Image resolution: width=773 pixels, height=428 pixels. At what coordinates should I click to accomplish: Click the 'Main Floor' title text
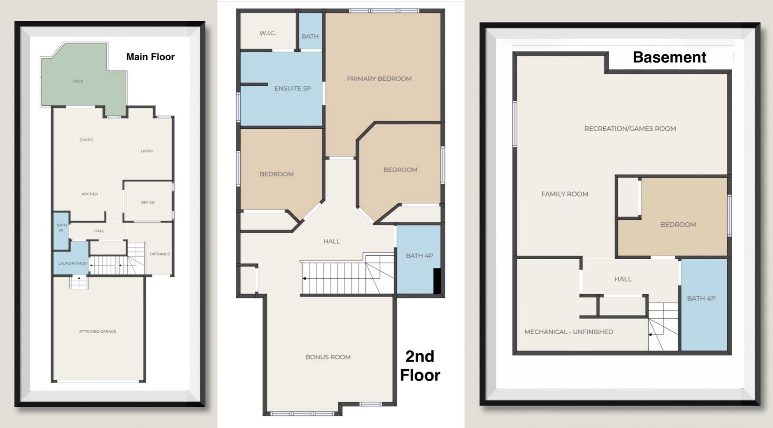(x=150, y=57)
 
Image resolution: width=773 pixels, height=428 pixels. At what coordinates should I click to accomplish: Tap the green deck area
(x=78, y=81)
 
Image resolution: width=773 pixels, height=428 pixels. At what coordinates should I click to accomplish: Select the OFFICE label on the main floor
(x=148, y=202)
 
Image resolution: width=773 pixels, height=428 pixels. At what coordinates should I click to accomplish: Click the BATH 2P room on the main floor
(x=61, y=228)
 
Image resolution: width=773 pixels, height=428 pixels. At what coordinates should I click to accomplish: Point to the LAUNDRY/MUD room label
(x=72, y=263)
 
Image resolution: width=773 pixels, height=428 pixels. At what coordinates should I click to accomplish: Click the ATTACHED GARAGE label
(x=97, y=331)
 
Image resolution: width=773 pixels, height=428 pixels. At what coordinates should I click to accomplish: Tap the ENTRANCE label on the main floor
(x=160, y=254)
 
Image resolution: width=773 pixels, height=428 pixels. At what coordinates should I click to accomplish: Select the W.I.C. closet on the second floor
(x=268, y=33)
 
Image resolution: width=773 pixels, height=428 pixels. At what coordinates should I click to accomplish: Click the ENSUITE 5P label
(x=292, y=88)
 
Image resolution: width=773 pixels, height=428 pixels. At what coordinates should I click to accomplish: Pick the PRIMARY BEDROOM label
(x=379, y=79)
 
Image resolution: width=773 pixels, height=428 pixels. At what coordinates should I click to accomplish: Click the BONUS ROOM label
(x=328, y=357)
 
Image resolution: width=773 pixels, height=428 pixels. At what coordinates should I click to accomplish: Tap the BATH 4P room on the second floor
(x=419, y=255)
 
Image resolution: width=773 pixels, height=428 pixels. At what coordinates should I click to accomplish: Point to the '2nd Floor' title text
(x=420, y=366)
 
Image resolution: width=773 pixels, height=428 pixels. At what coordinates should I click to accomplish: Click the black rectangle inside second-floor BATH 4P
(x=437, y=281)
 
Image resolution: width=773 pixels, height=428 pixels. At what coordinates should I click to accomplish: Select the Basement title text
(x=669, y=57)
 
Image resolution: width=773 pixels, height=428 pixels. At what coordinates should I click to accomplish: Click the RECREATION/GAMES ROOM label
(x=630, y=129)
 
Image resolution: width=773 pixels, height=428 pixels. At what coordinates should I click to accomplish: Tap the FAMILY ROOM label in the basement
(x=564, y=194)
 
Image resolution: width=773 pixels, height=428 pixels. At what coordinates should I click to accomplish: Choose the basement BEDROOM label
(x=678, y=224)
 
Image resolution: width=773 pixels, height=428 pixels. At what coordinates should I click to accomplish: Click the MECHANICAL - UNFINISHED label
(x=569, y=332)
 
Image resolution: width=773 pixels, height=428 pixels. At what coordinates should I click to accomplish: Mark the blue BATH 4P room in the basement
(x=701, y=298)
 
